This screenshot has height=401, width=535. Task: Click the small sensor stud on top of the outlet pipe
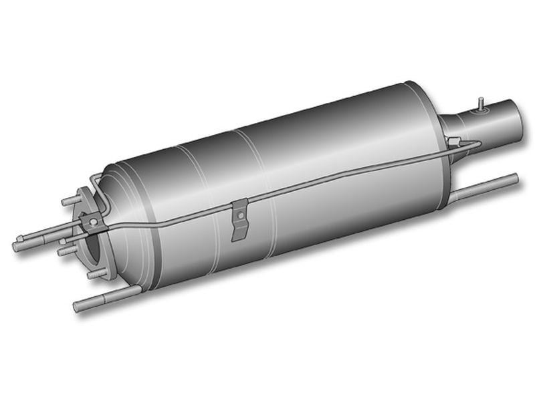pyautogui.click(x=480, y=102)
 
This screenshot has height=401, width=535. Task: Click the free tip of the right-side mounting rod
pyautogui.click(x=515, y=178)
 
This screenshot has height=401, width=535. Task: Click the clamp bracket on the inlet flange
pyautogui.click(x=92, y=220)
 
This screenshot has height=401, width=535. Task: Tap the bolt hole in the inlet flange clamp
pyautogui.click(x=94, y=221)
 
